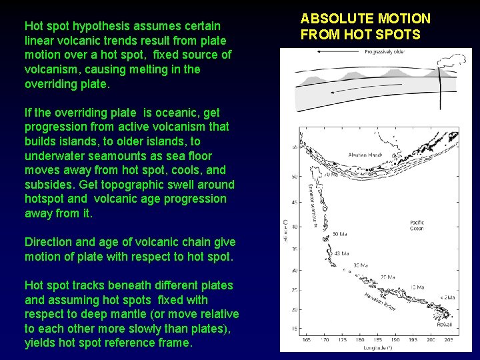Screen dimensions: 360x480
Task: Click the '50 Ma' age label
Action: [339, 234]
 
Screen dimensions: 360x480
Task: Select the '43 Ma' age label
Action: [341, 253]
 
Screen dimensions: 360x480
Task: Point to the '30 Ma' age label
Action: [361, 265]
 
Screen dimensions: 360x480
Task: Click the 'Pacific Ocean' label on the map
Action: [417, 225]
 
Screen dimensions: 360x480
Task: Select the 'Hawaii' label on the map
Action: [445, 324]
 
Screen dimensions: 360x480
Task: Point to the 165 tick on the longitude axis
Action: [305, 340]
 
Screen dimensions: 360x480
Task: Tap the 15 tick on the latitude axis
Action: [294, 329]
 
